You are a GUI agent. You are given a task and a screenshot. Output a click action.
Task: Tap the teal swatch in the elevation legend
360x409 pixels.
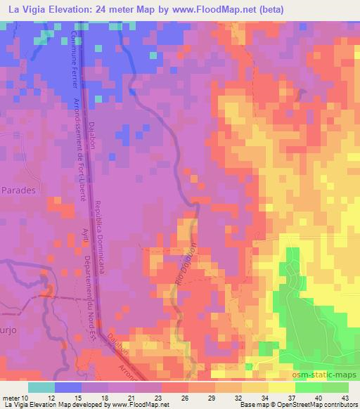(x=41, y=387)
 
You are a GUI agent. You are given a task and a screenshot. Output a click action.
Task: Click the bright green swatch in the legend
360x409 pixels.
(x=308, y=387)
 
